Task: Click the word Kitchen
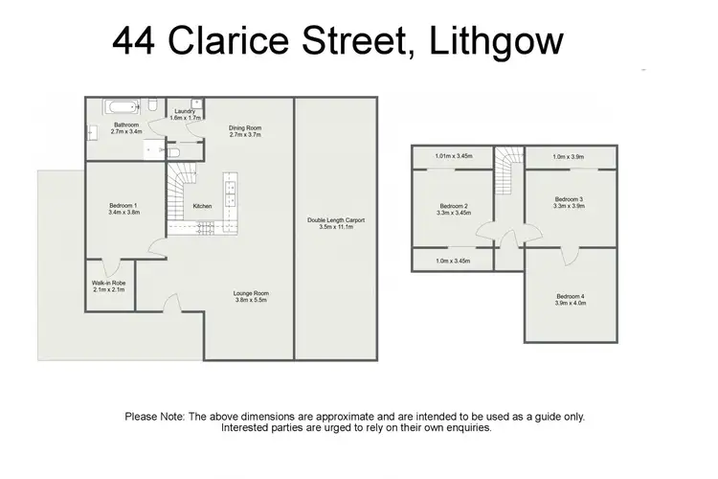(x=202, y=206)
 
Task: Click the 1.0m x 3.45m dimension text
(x=454, y=261)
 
